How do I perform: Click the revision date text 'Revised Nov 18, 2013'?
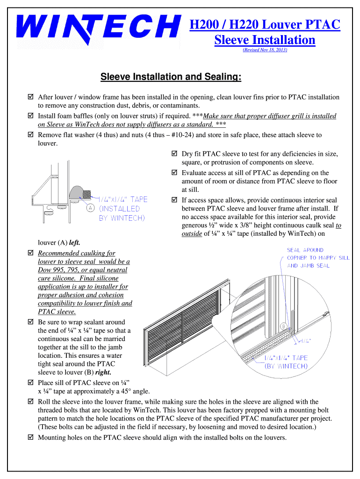(265, 50)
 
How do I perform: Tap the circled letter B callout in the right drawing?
(283, 326)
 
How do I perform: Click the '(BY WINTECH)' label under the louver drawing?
(286, 366)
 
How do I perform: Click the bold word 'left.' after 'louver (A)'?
(74, 243)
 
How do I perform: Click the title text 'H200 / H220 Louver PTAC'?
(265, 25)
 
